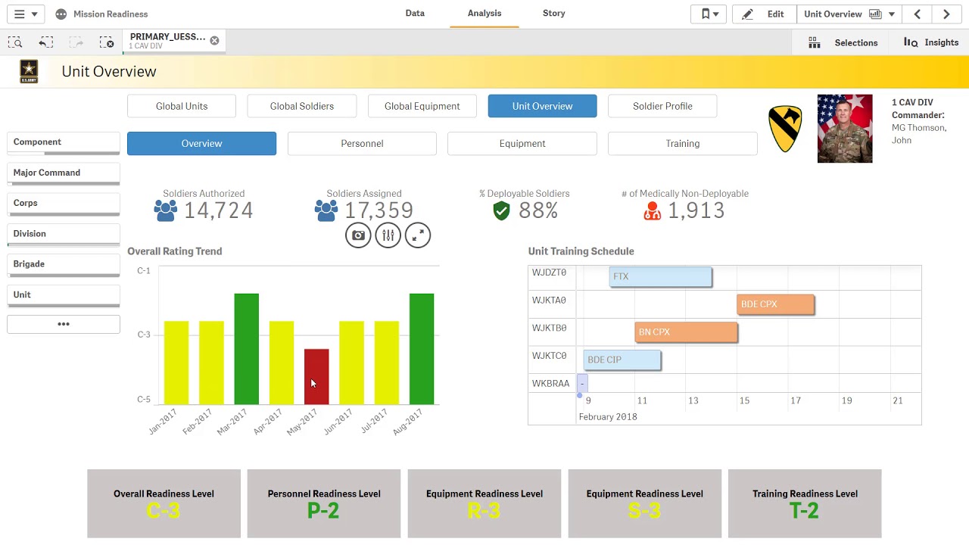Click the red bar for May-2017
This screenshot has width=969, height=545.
316,376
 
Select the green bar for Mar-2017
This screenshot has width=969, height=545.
246,348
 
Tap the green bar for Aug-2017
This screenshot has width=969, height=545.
422,348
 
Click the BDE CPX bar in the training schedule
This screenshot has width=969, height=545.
775,304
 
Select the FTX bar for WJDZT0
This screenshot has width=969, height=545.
660,276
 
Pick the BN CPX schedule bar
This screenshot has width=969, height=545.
686,332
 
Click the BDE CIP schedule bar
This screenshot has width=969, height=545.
622,360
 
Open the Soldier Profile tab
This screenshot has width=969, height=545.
662,106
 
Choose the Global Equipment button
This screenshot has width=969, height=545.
422,106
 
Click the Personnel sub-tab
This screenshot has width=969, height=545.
362,143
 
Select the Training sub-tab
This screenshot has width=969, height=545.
682,143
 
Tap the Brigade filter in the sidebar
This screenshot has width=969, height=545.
63,264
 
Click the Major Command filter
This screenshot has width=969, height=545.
63,173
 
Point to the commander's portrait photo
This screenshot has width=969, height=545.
845,129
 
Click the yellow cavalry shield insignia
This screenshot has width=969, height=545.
785,129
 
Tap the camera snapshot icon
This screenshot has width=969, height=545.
358,235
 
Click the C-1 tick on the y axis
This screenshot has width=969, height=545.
144,270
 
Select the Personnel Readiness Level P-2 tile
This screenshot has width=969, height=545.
324,503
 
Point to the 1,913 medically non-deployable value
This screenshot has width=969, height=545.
696,210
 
